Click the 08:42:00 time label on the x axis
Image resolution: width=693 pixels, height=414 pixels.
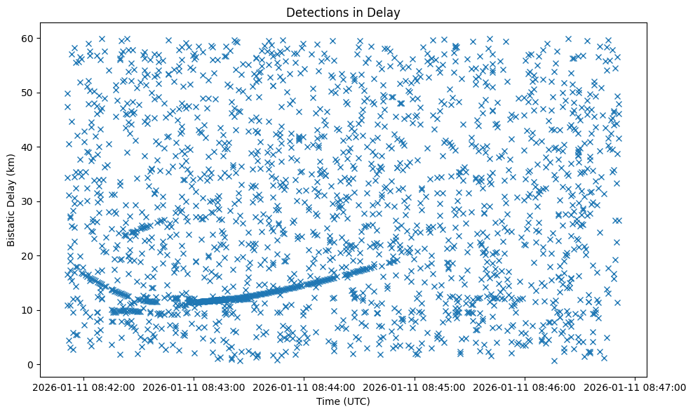[x=85, y=387]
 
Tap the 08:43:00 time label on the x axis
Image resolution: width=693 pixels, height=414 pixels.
[x=195, y=387]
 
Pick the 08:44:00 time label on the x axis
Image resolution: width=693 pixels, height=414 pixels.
[x=305, y=387]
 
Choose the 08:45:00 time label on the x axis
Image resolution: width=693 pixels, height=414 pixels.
[x=415, y=387]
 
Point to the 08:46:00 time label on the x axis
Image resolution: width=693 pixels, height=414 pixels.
[x=525, y=387]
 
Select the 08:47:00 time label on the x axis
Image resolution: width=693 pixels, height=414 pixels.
[x=635, y=387]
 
